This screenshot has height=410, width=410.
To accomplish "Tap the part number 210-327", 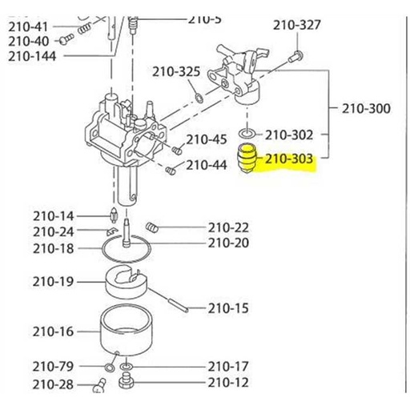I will coord(297,26).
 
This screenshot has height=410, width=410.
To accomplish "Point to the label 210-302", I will coord(289,135).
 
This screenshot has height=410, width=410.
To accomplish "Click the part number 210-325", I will coord(177,72).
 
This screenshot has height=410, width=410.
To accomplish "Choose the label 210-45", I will coord(207,140).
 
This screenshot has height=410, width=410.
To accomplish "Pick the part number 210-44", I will coord(207,166).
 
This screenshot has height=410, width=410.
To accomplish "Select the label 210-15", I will coord(228,307).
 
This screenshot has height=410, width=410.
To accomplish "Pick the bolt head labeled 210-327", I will coord(295,56).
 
